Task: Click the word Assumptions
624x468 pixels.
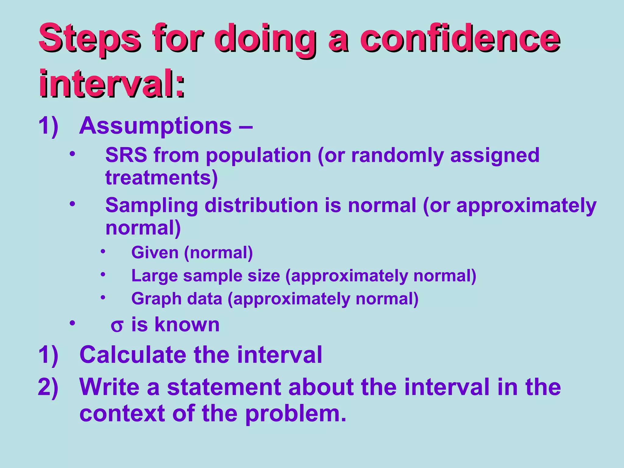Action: click(x=155, y=126)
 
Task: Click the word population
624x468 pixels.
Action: click(x=258, y=156)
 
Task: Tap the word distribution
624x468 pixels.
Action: click(x=262, y=205)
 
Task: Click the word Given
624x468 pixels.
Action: click(x=155, y=253)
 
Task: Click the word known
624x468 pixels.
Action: click(x=187, y=324)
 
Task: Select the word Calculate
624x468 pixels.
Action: click(x=133, y=355)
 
